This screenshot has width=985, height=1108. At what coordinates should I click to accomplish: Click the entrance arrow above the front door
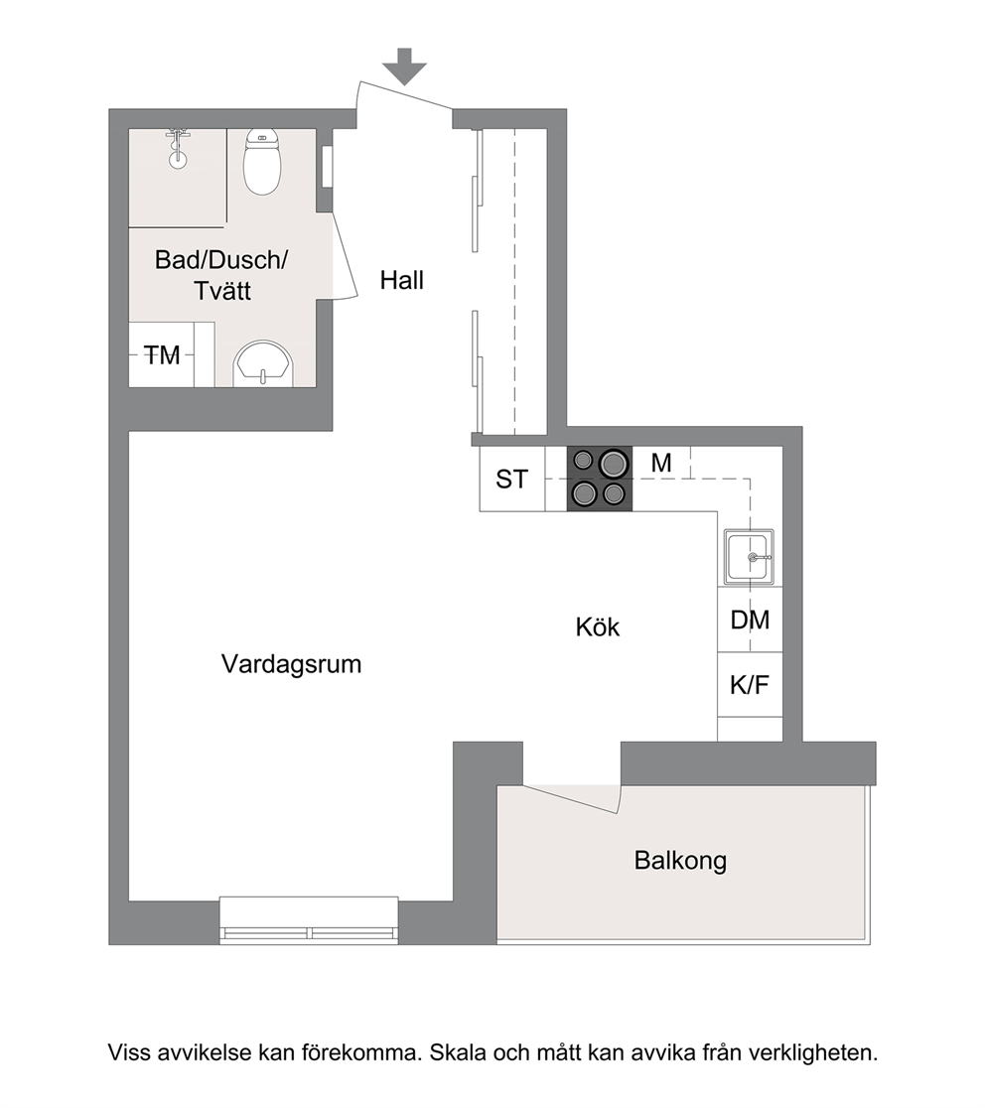405,67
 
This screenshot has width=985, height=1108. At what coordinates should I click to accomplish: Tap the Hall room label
402,281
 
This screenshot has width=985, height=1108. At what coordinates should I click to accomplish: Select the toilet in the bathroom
262,162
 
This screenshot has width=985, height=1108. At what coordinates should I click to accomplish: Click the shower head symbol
178,148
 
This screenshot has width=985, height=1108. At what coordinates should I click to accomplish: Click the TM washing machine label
162,355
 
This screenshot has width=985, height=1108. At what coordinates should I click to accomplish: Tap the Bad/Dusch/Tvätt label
221,276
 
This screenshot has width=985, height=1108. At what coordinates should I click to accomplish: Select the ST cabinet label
511,480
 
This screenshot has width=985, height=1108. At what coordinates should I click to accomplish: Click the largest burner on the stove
614,464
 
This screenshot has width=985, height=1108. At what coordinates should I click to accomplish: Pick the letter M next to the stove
661,463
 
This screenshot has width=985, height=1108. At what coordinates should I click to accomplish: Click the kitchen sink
749,557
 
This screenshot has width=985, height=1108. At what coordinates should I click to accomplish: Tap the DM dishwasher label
750,621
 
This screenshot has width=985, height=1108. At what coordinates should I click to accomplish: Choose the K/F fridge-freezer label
750,685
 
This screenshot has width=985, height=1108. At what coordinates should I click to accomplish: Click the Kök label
597,627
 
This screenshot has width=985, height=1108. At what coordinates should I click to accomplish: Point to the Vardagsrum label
291,664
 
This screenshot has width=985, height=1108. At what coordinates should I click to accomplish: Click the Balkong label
680,861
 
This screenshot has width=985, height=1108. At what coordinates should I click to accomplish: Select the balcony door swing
571,798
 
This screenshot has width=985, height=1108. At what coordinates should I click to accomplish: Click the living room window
309,920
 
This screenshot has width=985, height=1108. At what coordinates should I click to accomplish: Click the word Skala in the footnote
458,1052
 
